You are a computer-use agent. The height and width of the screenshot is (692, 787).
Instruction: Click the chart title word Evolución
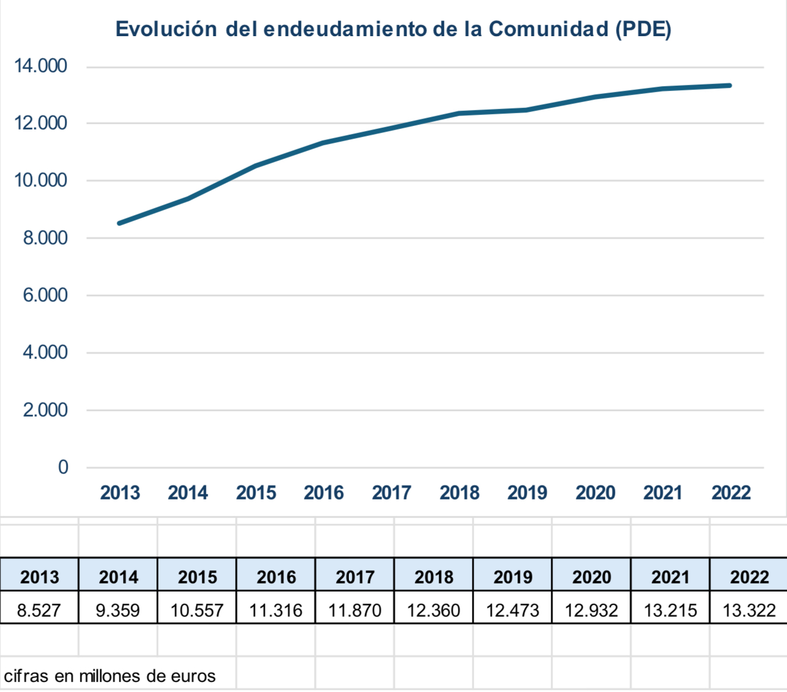(166, 29)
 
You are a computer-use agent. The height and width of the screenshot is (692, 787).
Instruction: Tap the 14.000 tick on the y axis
(41, 66)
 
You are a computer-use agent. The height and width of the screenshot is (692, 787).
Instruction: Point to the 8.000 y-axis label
(45, 238)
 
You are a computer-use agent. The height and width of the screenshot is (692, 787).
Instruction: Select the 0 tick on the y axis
(63, 467)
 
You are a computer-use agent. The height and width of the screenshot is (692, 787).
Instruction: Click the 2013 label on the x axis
(120, 493)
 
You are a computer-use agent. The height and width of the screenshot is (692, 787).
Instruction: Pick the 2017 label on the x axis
(391, 493)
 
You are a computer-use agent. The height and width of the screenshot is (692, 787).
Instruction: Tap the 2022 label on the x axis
(731, 493)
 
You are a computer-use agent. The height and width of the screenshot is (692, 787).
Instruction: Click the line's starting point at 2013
(120, 223)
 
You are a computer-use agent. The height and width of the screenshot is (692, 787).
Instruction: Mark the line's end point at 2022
(730, 86)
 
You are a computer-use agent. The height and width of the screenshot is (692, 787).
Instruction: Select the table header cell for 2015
(197, 577)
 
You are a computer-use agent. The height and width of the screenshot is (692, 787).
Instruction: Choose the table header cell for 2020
(592, 577)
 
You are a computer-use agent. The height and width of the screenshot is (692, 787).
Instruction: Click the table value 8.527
(39, 610)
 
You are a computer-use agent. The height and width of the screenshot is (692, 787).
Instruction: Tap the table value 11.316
(275, 610)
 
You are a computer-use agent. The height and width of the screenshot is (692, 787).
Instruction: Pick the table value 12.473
(512, 610)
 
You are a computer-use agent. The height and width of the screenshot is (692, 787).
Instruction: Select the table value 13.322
(749, 610)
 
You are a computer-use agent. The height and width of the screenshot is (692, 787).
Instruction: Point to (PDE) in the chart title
(643, 29)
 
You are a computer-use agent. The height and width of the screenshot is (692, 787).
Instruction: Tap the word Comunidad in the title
(548, 29)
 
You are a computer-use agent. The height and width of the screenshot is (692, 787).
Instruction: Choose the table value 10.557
(197, 610)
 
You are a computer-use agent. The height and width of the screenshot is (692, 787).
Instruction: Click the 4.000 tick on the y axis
(45, 352)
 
